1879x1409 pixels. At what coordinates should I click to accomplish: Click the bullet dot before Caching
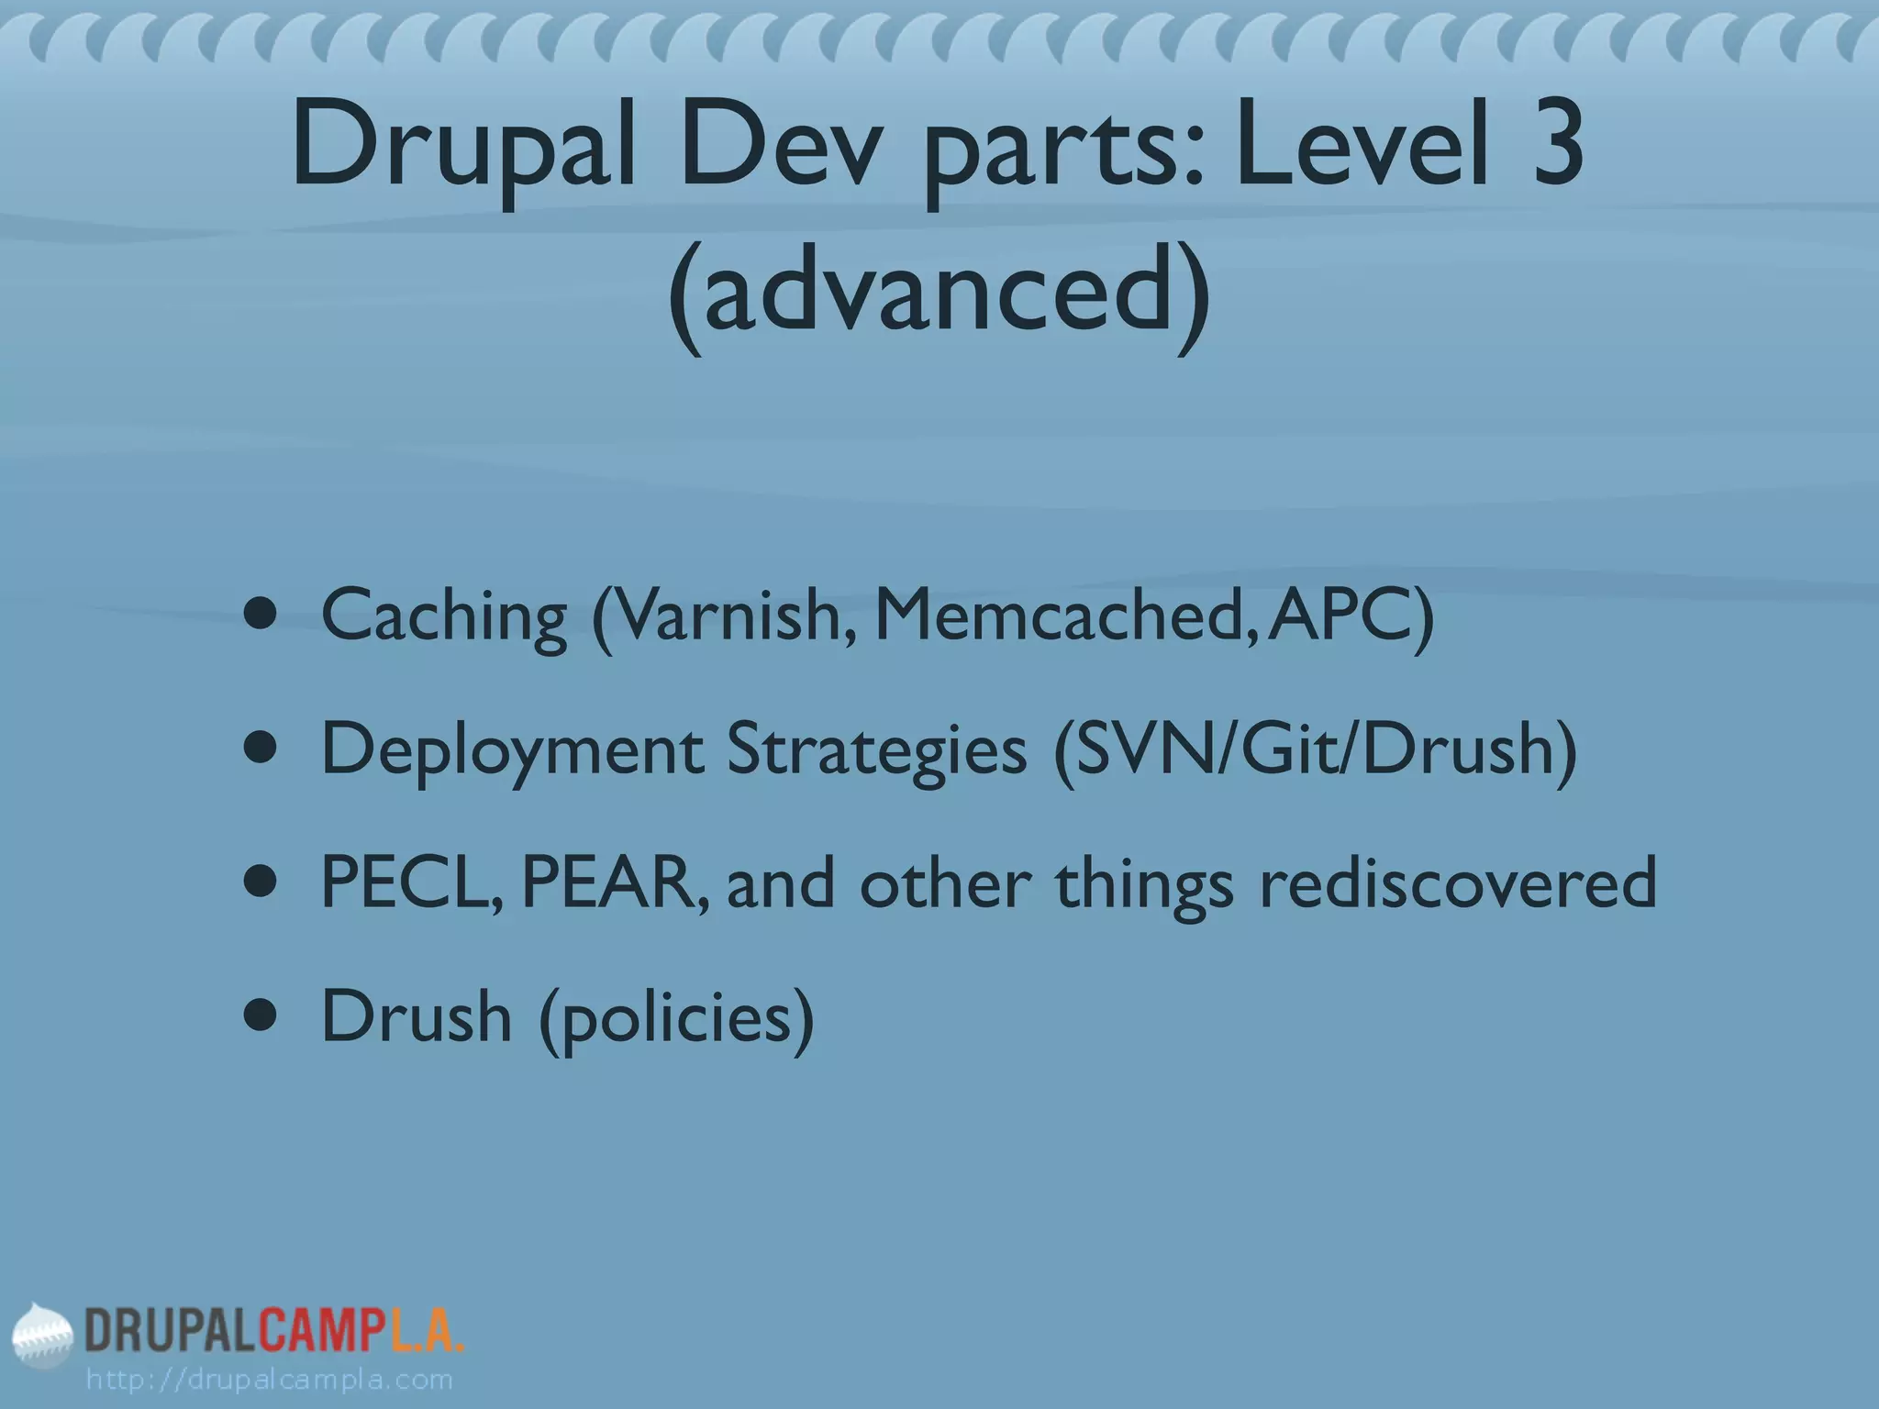[261, 615]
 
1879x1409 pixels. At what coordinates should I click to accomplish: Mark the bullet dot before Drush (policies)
[261, 1016]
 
